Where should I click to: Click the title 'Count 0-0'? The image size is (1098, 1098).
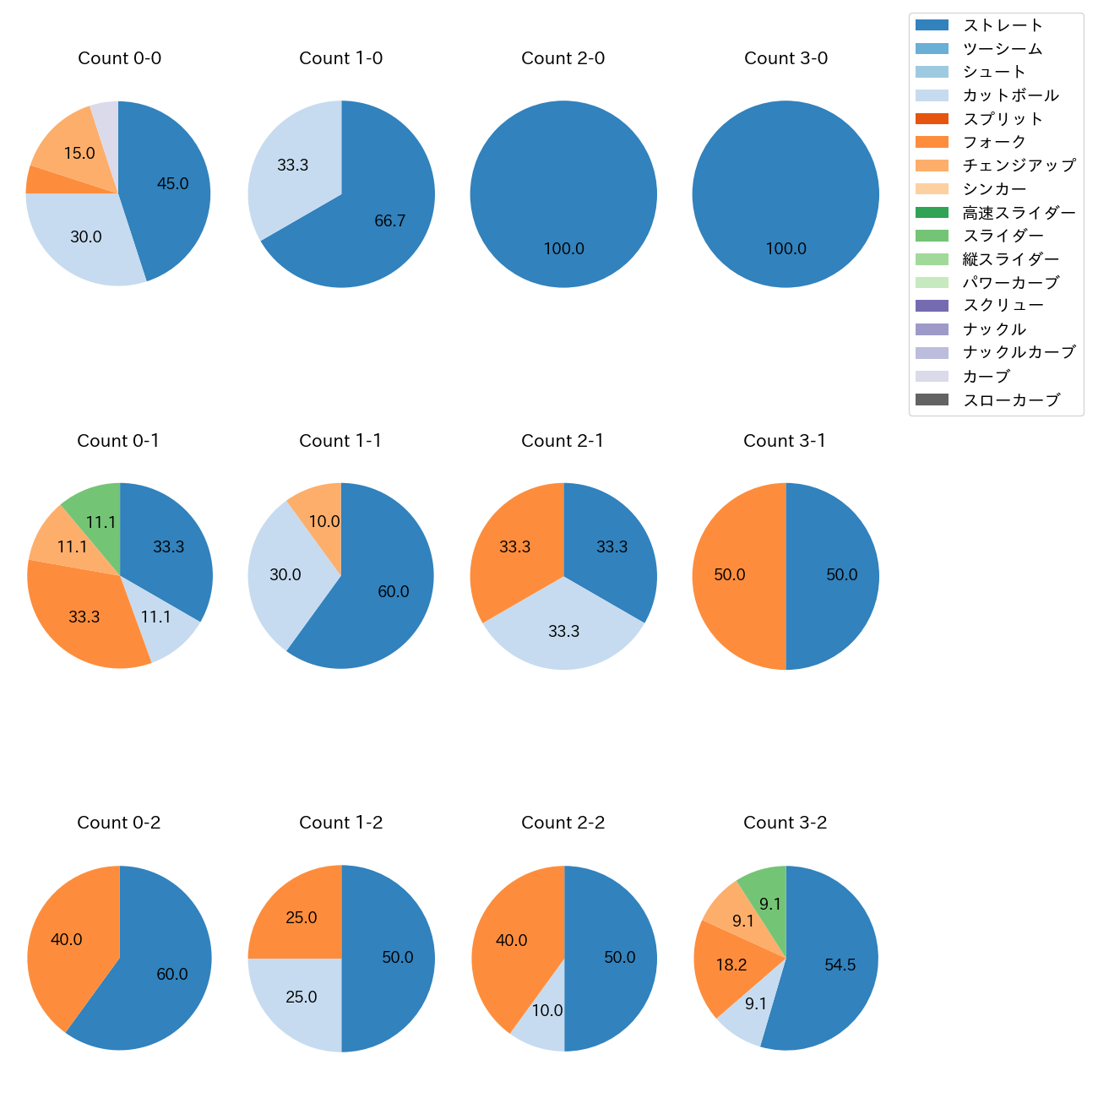[119, 58]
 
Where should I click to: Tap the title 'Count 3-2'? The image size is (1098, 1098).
[785, 823]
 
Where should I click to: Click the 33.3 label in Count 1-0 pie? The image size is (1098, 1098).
[293, 166]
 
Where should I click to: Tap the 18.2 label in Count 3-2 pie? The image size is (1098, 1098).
[731, 965]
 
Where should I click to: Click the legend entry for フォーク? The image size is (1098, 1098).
[994, 142]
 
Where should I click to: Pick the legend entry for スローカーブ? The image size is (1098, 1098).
[1011, 400]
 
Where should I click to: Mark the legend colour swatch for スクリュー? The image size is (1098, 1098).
[932, 306]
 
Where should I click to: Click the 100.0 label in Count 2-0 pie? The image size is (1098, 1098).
[563, 249]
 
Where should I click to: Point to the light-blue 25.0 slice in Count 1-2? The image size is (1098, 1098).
[296, 1001]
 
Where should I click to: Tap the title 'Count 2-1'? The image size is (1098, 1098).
[563, 441]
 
